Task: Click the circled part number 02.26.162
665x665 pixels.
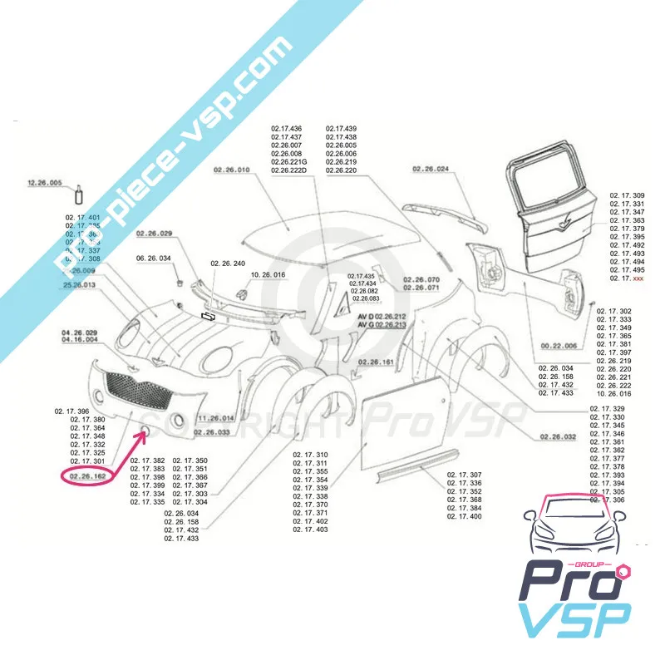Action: tap(87, 476)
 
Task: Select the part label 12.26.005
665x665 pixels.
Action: tap(45, 182)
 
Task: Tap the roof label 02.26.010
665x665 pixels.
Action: tap(231, 170)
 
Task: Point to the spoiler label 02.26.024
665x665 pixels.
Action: tap(430, 170)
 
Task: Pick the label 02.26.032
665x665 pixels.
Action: tap(558, 436)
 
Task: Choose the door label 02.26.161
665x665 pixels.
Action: tap(376, 362)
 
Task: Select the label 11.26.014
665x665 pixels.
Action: tap(216, 418)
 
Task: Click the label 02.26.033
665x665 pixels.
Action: tap(212, 432)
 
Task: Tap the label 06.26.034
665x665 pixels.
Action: tap(154, 259)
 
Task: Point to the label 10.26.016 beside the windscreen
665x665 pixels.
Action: tap(268, 273)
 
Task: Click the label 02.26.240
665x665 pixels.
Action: tap(228, 263)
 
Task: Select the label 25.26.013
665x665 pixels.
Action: tap(79, 285)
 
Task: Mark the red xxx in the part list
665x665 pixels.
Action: tap(638, 278)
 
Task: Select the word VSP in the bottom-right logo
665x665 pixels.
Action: tap(574, 620)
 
